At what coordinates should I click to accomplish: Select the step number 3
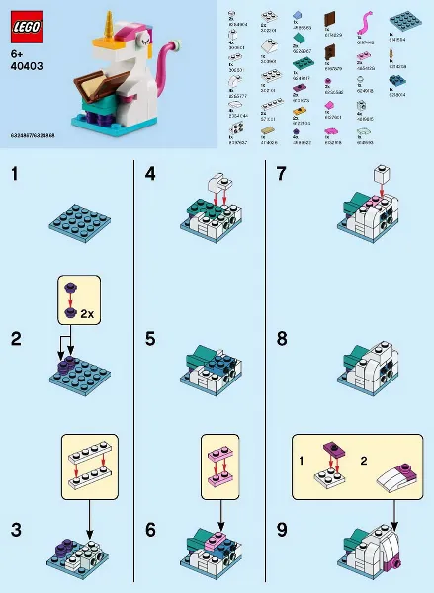[x=15, y=530]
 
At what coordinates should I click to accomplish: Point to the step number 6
[x=150, y=530]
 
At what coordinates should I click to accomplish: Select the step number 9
[x=283, y=530]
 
